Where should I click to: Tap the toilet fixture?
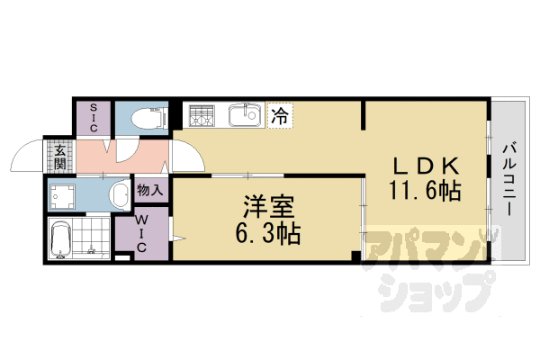145,118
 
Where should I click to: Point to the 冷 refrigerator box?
281,116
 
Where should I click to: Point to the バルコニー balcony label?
509,179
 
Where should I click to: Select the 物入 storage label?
149,190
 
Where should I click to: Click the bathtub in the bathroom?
62,239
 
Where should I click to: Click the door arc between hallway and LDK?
186,159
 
